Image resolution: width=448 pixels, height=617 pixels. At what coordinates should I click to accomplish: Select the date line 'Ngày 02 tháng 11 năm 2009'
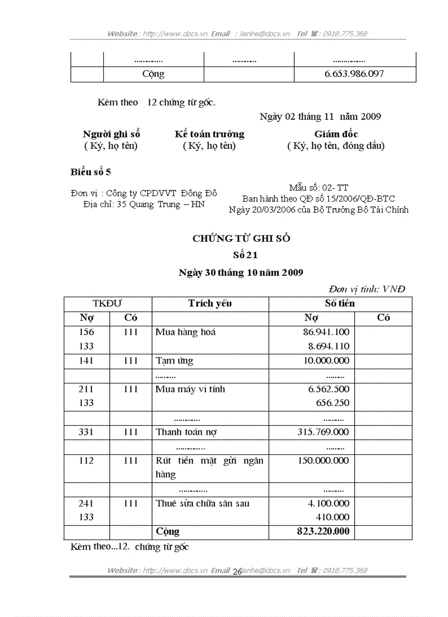point(320,116)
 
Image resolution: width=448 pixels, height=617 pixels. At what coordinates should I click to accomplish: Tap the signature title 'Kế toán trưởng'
point(209,134)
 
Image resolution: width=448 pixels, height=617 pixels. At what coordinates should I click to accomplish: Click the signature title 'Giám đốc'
point(336,134)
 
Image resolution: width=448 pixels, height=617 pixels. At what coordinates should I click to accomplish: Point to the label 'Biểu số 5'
point(91,172)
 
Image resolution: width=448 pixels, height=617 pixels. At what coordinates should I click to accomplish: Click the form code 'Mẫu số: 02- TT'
point(318,188)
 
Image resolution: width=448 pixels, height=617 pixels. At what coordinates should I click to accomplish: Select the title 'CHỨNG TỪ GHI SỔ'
point(241,238)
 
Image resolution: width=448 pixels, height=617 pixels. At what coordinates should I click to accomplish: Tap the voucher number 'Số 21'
point(242,255)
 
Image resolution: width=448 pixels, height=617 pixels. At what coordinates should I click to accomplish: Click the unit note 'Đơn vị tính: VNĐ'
point(367,289)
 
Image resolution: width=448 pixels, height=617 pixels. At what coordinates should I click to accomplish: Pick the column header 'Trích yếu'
point(210,303)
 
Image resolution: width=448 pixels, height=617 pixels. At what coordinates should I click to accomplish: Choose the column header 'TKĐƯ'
point(108,303)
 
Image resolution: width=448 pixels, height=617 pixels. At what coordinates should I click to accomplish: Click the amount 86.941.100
point(326,332)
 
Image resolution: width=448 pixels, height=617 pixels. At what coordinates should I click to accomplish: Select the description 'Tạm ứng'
point(174,361)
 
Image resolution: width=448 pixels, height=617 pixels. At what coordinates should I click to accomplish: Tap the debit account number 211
point(86,389)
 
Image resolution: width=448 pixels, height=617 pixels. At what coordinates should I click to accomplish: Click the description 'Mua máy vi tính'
point(190,389)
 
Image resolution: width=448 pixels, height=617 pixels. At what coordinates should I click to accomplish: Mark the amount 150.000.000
point(323,460)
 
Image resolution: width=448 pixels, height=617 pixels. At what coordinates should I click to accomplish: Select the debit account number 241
point(86,503)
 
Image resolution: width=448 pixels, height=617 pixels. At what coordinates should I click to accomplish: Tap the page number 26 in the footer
point(237,572)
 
